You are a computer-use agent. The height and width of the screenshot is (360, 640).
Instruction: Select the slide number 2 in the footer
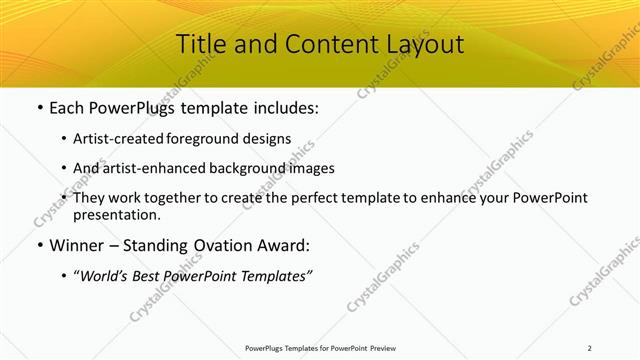pos(590,348)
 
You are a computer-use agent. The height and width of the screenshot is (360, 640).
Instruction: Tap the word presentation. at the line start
pos(117,214)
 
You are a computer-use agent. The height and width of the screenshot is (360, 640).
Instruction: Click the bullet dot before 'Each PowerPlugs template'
pos(39,108)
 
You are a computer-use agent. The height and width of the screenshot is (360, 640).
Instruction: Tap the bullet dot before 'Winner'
pos(39,245)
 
